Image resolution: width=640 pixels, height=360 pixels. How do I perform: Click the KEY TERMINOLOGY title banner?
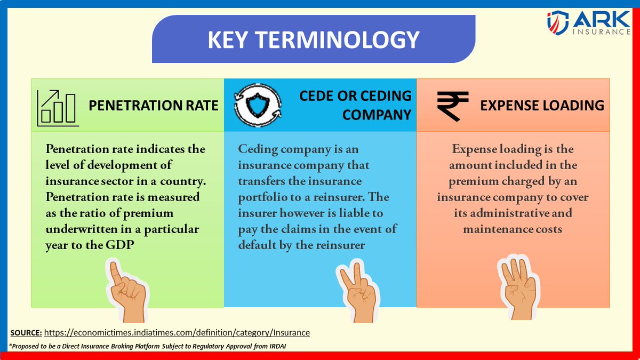click(x=314, y=40)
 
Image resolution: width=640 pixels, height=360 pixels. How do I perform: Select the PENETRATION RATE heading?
click(x=153, y=105)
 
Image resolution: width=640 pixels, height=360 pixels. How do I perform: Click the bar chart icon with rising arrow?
click(x=58, y=108)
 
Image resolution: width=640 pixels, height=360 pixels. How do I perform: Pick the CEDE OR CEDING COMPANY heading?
click(x=355, y=105)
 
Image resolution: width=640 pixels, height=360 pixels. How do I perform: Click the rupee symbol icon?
click(x=452, y=105)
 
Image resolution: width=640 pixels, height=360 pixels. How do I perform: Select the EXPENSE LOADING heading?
click(x=542, y=105)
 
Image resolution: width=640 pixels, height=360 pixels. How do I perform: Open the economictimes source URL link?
click(x=177, y=332)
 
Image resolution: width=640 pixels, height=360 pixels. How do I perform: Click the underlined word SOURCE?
click(x=26, y=332)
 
